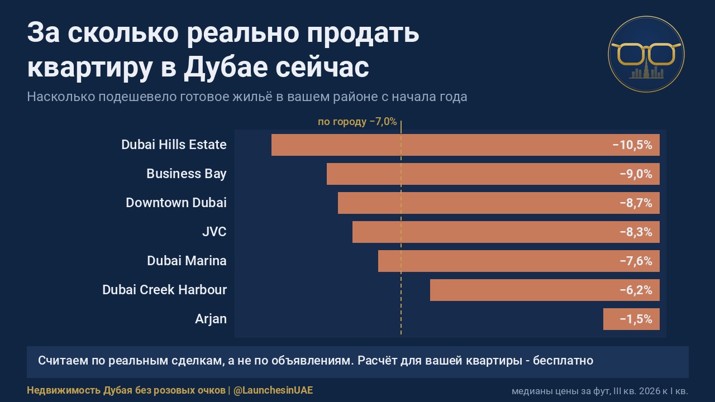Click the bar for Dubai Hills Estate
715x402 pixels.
point(465,145)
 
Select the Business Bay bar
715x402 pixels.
point(493,174)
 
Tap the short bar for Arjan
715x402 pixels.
point(631,319)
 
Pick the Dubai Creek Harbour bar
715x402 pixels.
point(545,290)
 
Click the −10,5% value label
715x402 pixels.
point(632,145)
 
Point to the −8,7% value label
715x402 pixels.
point(636,203)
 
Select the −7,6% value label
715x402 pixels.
point(636,261)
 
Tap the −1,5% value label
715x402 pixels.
point(636,319)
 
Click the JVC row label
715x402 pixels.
point(214,232)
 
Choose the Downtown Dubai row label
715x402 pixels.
point(176,203)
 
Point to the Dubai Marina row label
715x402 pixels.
point(187,261)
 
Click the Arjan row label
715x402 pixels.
point(211,319)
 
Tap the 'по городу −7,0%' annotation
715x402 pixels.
point(357,122)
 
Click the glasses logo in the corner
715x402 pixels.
point(646,54)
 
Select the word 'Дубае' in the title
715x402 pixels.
point(226,68)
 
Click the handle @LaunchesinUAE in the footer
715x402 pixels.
point(273,390)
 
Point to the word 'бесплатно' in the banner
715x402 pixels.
point(563,361)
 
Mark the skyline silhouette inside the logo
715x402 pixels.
point(646,71)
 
